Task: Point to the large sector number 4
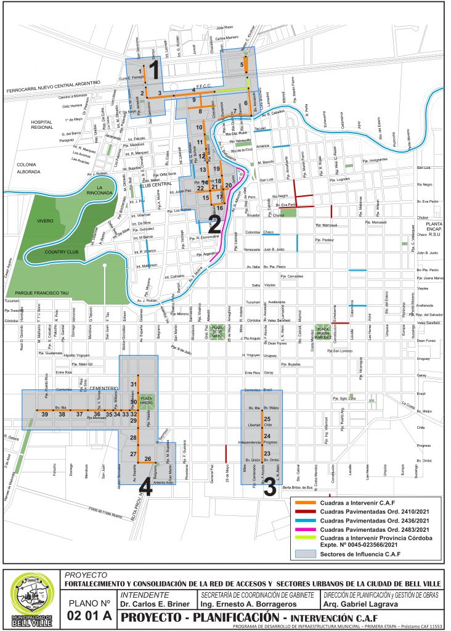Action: pyautogui.click(x=146, y=487)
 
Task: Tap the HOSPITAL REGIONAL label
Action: pyautogui.click(x=46, y=126)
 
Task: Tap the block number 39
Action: pyautogui.click(x=45, y=415)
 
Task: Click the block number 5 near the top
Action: pyautogui.click(x=242, y=65)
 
